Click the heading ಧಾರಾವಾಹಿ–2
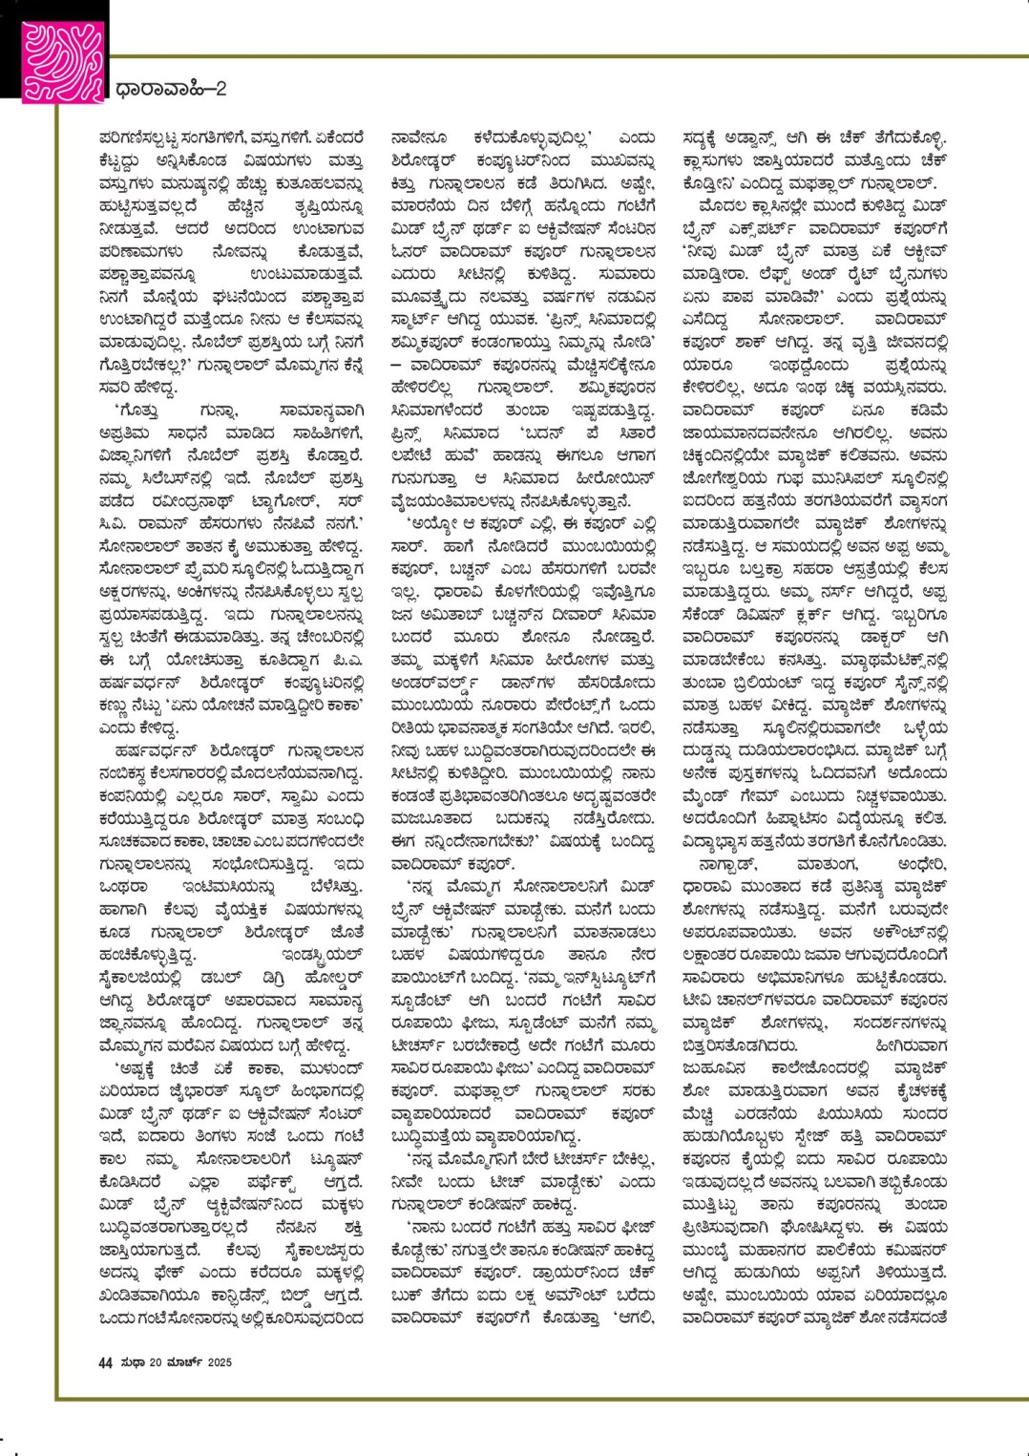[171, 90]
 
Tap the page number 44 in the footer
[105, 1363]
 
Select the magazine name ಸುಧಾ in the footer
[133, 1363]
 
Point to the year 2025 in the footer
[220, 1363]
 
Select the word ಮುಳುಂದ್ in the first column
[324, 1067]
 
